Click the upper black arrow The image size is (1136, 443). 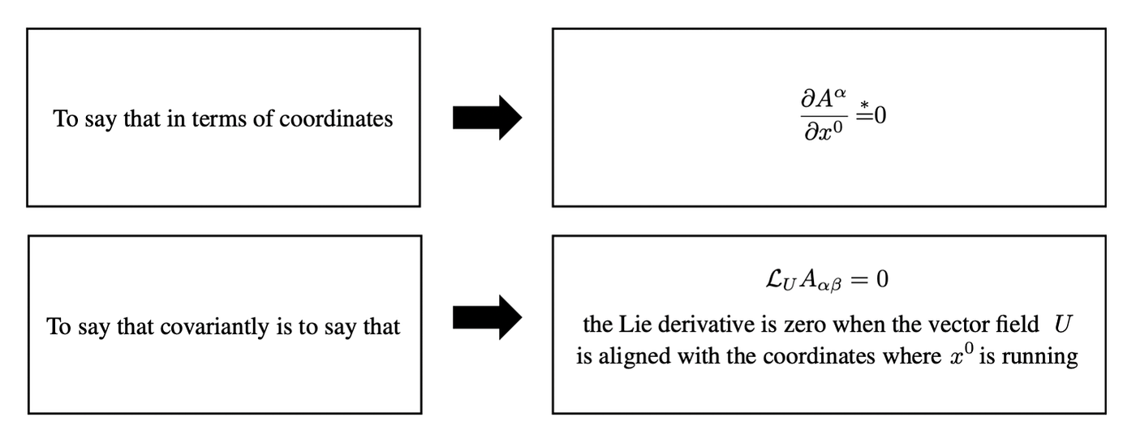tap(487, 118)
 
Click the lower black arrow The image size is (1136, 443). tap(487, 317)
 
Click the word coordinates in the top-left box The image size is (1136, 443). tap(336, 118)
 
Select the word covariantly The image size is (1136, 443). tap(214, 326)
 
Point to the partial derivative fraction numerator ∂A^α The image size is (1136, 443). tap(824, 98)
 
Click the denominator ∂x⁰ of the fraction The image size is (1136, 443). tap(824, 131)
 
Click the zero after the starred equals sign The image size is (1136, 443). tap(880, 115)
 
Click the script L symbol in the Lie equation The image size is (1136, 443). tap(774, 279)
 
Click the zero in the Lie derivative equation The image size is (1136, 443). tap(882, 279)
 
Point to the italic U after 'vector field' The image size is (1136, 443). tap(1062, 325)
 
